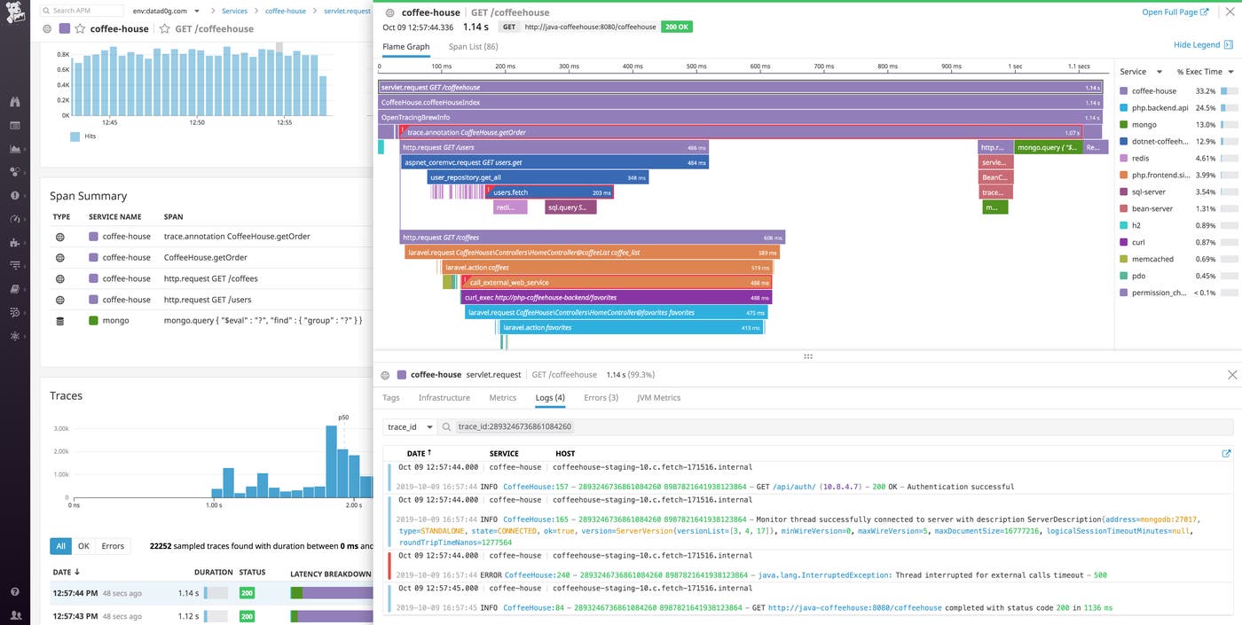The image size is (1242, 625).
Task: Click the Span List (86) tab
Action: pos(473,47)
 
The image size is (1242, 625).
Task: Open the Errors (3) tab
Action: pos(601,398)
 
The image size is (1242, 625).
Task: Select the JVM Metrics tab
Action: pos(658,398)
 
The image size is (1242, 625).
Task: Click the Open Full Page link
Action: pos(1175,12)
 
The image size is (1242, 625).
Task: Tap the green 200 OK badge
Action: pos(677,27)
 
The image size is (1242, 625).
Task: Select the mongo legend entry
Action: pos(1144,125)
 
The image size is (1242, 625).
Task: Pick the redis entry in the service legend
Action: pos(1143,159)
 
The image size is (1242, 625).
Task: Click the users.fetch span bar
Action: pos(550,192)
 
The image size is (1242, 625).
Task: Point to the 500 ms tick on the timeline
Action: pos(695,66)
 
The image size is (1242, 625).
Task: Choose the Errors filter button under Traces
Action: pos(113,546)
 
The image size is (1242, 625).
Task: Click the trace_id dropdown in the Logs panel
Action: pos(410,426)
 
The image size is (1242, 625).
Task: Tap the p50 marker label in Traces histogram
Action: pos(343,418)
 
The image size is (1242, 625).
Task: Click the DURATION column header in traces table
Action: pos(213,573)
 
